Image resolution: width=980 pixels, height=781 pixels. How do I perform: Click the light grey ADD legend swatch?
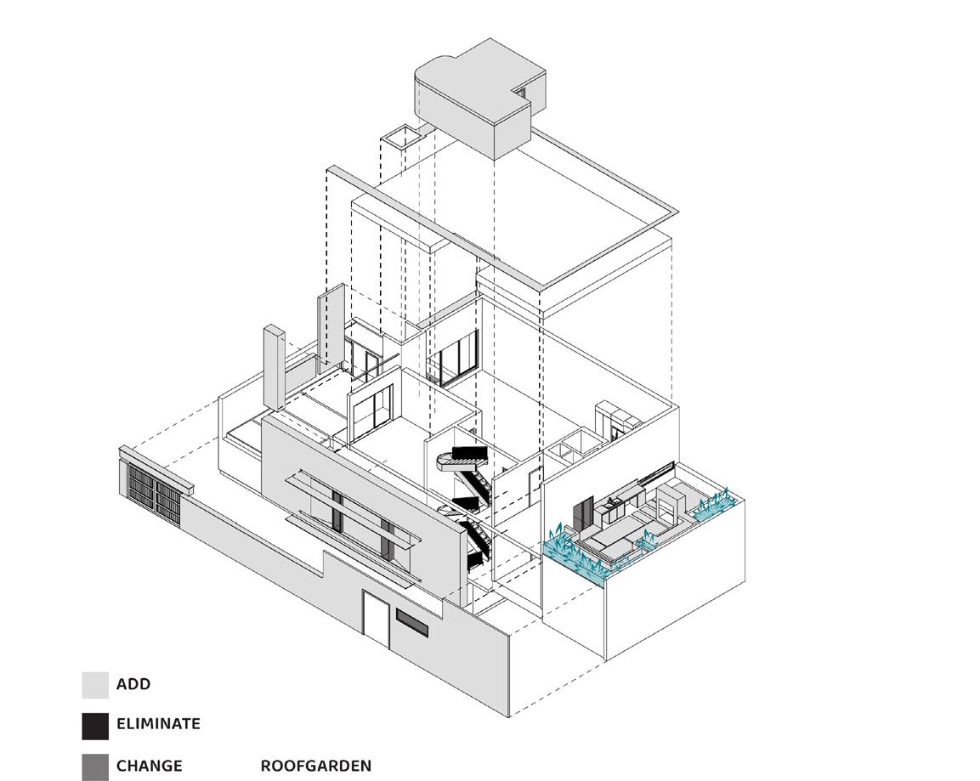(x=95, y=685)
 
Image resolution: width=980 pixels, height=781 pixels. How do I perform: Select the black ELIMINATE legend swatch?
(x=95, y=725)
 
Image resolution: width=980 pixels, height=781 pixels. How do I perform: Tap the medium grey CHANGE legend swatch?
(x=95, y=767)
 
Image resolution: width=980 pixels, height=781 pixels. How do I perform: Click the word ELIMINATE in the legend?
(x=158, y=724)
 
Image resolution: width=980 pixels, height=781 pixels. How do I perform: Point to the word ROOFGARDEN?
(x=315, y=766)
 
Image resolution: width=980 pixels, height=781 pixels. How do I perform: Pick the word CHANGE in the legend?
(x=149, y=766)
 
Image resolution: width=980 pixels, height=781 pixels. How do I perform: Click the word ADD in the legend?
(x=133, y=684)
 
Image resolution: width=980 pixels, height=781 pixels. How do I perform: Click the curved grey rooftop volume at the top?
(x=472, y=102)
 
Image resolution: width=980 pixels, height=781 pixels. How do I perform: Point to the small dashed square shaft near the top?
(x=402, y=135)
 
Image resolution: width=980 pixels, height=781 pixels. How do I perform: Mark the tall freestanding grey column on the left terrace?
(x=273, y=365)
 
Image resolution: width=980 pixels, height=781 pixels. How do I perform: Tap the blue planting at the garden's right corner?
(x=712, y=507)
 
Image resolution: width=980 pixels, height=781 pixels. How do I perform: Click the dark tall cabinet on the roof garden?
(x=583, y=513)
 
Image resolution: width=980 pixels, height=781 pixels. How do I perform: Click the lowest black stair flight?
(x=474, y=544)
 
